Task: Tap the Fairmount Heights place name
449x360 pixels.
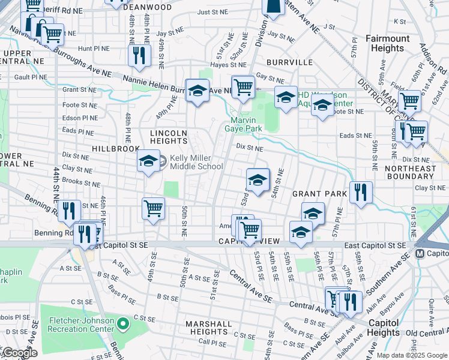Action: (388, 43)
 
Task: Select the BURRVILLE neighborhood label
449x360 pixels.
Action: (290, 62)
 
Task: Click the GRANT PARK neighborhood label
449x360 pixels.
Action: (319, 194)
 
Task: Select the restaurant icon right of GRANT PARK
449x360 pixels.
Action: (361, 193)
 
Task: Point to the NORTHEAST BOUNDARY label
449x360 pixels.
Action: (423, 172)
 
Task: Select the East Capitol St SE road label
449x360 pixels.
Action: (376, 246)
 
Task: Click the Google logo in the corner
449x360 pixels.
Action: (19, 352)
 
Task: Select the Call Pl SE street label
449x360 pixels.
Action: (211, 341)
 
